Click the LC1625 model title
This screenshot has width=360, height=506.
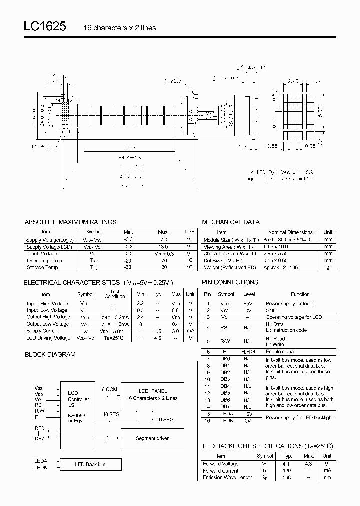44,27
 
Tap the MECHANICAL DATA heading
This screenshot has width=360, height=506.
230,222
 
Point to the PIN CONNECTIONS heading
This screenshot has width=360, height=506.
230,282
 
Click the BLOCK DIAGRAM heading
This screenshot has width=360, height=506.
50,354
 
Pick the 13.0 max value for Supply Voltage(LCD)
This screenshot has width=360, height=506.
163,247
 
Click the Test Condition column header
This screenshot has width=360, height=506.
114,294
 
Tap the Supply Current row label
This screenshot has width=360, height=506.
42,331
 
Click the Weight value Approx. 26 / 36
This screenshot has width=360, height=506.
284,267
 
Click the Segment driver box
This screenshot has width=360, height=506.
152,438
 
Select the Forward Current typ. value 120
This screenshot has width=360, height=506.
287,470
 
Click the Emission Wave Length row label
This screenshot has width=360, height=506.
228,477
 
